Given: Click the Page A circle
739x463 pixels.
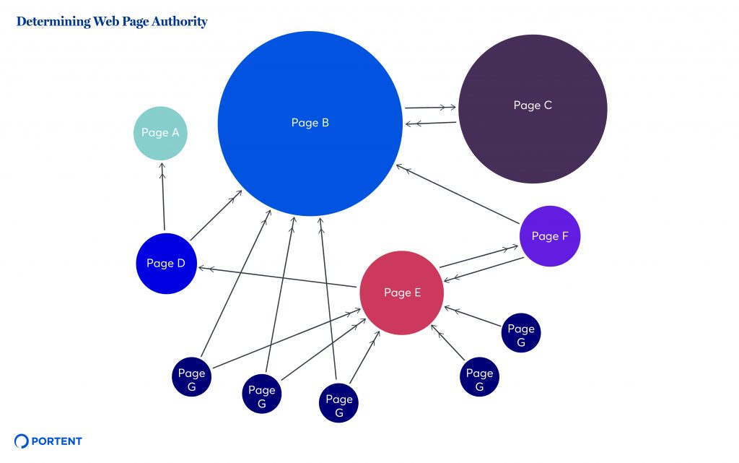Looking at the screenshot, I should click(x=160, y=133).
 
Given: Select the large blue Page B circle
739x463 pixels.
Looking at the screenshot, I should click(x=310, y=124).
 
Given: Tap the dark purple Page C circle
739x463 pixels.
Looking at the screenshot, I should click(x=533, y=109).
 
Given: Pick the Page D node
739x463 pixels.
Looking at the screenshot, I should click(x=166, y=264).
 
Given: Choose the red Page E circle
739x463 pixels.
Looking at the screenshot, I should click(x=402, y=293).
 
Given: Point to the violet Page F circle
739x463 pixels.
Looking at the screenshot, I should click(x=550, y=236).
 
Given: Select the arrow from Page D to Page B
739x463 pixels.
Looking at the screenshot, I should click(x=216, y=215).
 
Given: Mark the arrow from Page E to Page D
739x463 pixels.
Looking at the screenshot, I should click(x=278, y=277).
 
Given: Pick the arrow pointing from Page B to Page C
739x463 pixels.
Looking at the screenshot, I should click(x=430, y=108).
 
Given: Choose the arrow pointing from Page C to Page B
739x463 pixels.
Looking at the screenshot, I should click(x=430, y=124).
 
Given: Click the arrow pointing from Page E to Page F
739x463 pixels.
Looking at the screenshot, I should click(x=478, y=257).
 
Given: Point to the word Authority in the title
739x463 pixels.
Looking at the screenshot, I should click(x=180, y=22).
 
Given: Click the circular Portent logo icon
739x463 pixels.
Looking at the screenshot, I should click(x=22, y=441).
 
